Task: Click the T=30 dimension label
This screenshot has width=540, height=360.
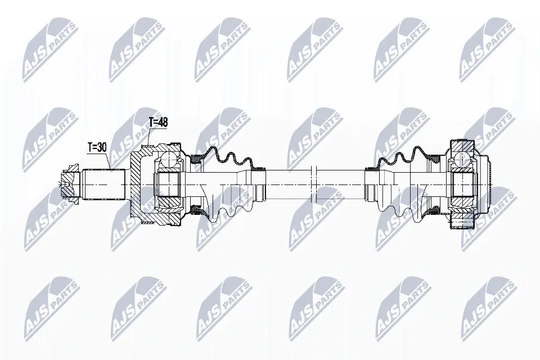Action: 97,147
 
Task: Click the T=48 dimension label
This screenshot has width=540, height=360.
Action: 158,123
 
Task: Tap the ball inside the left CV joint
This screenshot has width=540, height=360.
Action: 169,159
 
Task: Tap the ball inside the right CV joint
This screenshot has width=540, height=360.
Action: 461,159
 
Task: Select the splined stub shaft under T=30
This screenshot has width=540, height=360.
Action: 103,184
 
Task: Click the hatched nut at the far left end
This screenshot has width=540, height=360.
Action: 70,184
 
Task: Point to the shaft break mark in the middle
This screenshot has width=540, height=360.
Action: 313,184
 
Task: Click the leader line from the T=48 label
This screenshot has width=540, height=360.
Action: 149,136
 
